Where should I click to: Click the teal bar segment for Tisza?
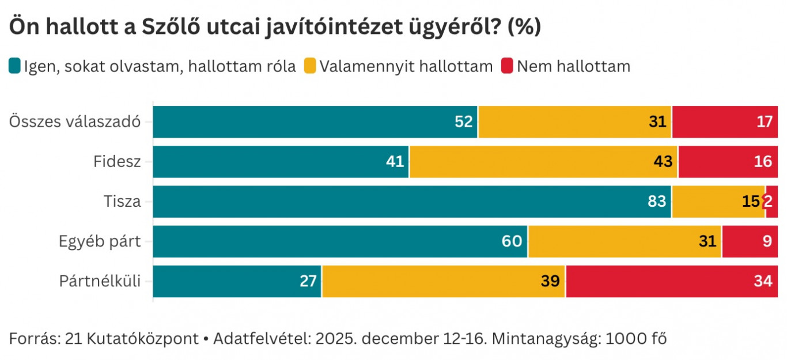pos(412,202)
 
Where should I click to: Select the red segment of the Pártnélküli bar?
pos(672,282)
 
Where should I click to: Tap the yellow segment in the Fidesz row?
pos(543,162)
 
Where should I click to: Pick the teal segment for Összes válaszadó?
pos(315,122)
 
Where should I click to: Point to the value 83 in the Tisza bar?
pos(656,202)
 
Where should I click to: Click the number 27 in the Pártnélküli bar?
pos(308,282)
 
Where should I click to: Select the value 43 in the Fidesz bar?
pos(663,162)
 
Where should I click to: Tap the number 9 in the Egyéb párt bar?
pos(767,241)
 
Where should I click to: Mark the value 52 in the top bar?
pos(463,122)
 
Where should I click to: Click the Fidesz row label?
pos(117,162)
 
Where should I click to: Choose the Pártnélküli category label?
pos(100,282)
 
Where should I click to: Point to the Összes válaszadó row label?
pos(75,122)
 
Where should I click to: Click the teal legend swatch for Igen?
pos(15,66)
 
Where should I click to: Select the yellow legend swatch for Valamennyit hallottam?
pos(310,66)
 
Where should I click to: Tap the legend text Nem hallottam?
pos(573,66)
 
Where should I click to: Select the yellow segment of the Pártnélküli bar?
pos(444,282)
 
